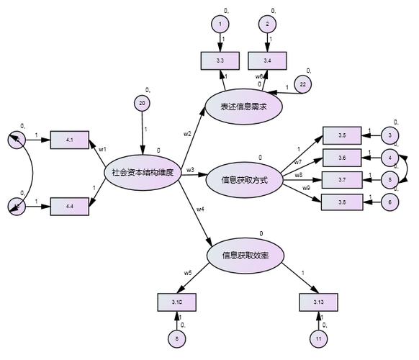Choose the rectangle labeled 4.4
[x=68, y=207]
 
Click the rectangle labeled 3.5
[x=341, y=135]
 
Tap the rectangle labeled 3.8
[x=341, y=202]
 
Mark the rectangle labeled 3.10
[x=176, y=302]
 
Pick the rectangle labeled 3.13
[x=317, y=302]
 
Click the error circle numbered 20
[x=143, y=104]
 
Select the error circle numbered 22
[x=302, y=85]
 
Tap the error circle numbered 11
[x=317, y=338]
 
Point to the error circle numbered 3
[x=389, y=135]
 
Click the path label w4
[x=201, y=209]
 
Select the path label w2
[x=187, y=134]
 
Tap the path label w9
[x=307, y=189]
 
